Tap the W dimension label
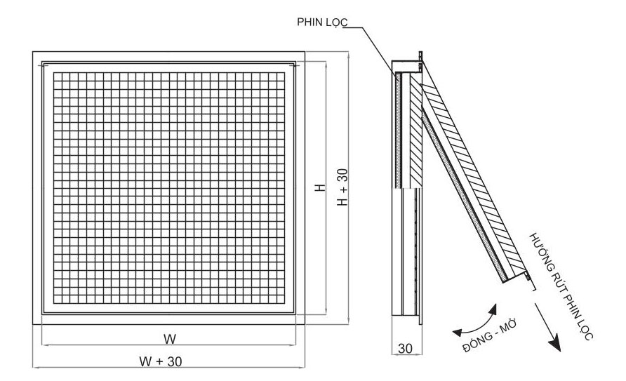click(170, 338)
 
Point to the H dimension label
click(319, 189)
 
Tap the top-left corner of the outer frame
click(33, 51)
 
